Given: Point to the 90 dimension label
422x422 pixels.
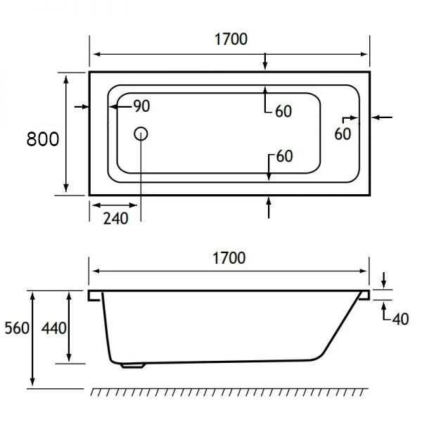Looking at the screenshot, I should (x=141, y=107).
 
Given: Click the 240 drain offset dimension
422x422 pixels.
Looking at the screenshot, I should (x=116, y=218).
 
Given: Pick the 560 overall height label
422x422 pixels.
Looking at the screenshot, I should (x=16, y=328).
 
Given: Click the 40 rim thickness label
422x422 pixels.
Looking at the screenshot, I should (x=399, y=319).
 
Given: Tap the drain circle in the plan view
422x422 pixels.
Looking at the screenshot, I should (x=140, y=133).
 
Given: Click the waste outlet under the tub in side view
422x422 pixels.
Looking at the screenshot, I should (x=131, y=364).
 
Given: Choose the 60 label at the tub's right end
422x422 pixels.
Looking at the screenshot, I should (x=342, y=134).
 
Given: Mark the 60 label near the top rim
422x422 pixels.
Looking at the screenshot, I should (x=283, y=112).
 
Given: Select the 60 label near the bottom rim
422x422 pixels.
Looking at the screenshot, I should (x=283, y=156).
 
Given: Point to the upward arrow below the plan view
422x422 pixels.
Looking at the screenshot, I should (x=268, y=207).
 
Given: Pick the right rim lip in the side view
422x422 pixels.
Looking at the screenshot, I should (x=364, y=295).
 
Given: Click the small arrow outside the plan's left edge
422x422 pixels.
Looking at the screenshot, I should (x=81, y=107).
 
